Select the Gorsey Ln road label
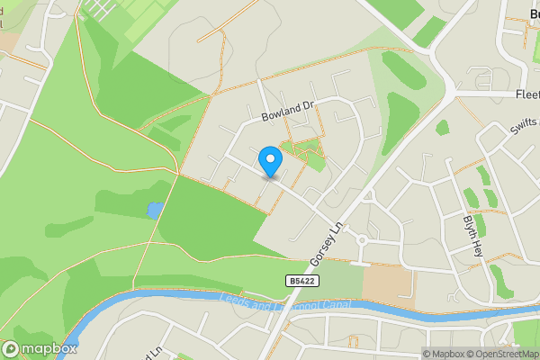327,243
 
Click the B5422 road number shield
302,282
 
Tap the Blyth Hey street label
474,236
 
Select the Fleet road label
526,93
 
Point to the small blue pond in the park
155,211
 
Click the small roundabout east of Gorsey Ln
363,240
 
